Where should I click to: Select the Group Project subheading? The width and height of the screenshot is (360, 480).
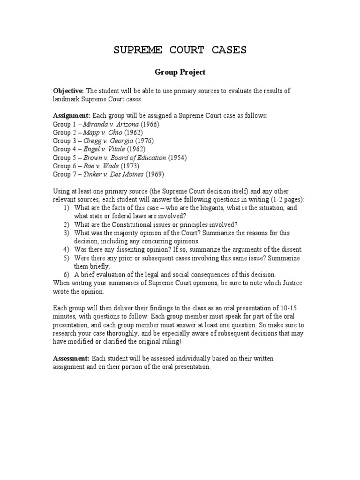[x=180, y=73]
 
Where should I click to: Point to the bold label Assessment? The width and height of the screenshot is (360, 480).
[x=71, y=359]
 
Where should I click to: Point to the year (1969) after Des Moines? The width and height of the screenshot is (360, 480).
[x=155, y=174]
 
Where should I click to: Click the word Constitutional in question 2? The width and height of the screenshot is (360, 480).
[x=130, y=224]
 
